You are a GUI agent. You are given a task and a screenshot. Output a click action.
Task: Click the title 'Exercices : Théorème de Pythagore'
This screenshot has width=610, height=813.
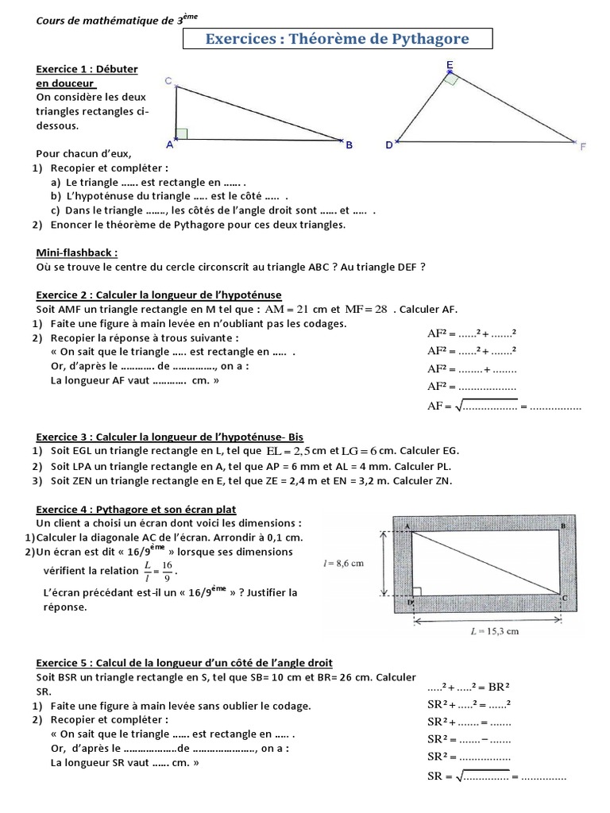click(x=338, y=38)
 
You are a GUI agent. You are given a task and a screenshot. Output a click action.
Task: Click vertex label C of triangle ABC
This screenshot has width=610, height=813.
click(x=168, y=81)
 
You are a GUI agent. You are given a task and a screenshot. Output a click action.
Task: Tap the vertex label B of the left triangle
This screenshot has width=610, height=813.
click(x=348, y=145)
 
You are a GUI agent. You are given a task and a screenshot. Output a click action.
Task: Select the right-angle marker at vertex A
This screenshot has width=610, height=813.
click(x=181, y=133)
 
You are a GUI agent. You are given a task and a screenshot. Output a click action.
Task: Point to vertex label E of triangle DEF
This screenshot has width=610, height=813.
click(x=450, y=64)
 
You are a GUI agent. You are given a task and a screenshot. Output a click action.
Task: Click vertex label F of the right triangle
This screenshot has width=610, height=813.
click(x=582, y=147)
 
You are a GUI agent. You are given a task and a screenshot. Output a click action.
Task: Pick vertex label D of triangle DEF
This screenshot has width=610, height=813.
click(x=388, y=145)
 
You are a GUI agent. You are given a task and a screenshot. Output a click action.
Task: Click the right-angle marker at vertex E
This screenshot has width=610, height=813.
click(x=451, y=79)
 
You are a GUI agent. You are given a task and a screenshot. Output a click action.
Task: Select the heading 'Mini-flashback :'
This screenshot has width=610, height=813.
click(x=77, y=252)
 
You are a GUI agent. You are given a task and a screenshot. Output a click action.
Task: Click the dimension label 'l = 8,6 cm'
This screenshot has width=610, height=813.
click(x=344, y=564)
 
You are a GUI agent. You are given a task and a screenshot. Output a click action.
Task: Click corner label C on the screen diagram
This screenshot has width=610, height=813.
click(x=565, y=596)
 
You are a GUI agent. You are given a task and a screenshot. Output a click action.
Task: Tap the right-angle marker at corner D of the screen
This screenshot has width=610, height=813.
click(x=418, y=591)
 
